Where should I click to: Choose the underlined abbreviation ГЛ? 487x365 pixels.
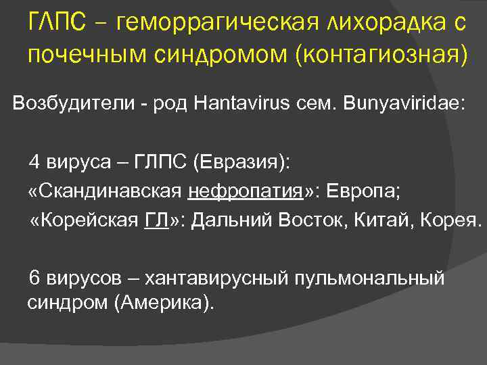[x=156, y=221]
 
